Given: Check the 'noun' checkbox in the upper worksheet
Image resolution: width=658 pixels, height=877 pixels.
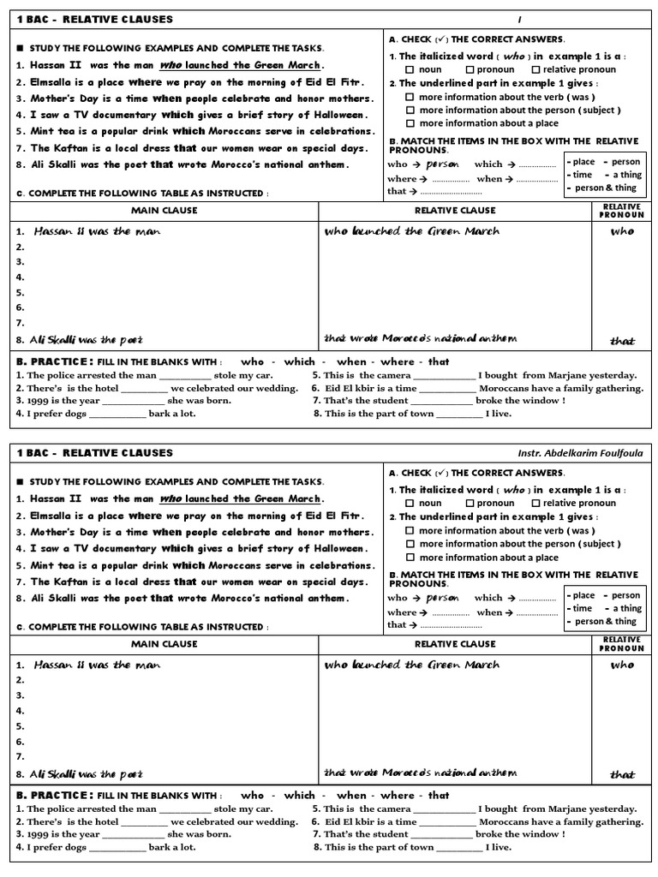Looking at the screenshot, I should tap(410, 70).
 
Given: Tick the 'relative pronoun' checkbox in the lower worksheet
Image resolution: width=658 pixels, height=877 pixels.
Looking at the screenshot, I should tap(535, 504).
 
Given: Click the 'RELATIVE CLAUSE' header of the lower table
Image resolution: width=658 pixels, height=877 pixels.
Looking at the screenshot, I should tap(455, 644).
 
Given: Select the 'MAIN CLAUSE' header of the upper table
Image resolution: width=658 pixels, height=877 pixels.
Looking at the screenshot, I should tap(164, 211).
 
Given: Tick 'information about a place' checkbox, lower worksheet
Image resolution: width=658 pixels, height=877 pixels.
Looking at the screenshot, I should tap(410, 558).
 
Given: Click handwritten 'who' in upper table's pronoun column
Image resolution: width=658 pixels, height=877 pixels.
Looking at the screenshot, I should tap(622, 231).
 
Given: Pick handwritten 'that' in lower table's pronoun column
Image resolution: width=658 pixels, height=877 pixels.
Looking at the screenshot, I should tap(622, 774).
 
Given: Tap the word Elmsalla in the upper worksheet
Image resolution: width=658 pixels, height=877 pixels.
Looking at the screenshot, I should tap(51, 82).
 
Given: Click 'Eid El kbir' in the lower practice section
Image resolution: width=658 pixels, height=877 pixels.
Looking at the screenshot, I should tap(354, 821).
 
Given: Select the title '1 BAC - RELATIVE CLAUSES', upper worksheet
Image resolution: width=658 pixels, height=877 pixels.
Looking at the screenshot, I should tap(95, 19).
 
